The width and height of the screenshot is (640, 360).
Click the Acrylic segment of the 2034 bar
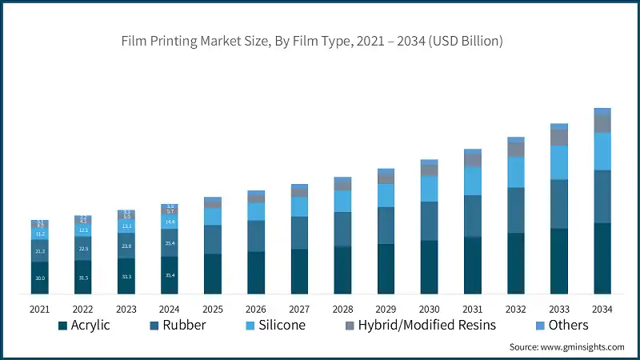coord(602,258)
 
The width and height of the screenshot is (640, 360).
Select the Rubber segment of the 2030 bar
coord(430,221)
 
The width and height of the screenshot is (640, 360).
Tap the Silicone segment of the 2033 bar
coord(559,162)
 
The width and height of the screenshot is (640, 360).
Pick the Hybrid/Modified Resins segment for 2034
coord(602,123)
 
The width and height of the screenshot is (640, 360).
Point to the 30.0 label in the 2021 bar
coord(40,278)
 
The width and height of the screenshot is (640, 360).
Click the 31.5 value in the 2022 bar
coord(83,278)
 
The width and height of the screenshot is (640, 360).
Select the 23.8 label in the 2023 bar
coord(126,246)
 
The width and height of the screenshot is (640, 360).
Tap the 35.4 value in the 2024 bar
coord(170,275)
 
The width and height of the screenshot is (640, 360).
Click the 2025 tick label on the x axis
coord(213,308)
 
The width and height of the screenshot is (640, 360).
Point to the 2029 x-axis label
coord(386,308)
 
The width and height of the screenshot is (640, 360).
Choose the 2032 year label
coord(516,308)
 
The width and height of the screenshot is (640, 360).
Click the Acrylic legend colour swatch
coord(61,326)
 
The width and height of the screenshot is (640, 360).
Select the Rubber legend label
coord(184,325)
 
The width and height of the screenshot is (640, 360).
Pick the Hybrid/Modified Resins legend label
coord(427,325)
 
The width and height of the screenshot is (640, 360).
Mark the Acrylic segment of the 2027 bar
coord(300,271)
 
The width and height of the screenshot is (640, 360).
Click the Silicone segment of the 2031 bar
coord(473,181)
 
